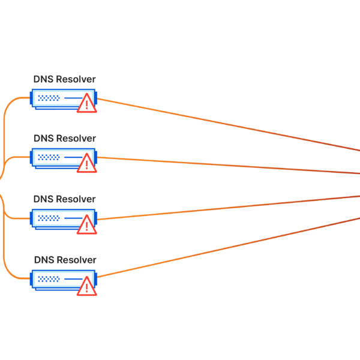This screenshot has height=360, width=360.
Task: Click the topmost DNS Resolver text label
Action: tap(64, 79)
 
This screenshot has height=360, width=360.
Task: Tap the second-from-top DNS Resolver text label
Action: tap(64, 139)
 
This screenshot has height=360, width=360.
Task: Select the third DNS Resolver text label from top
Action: tap(64, 199)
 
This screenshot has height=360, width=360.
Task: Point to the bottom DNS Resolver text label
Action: tap(64, 260)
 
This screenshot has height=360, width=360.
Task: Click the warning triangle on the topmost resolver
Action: tap(87, 104)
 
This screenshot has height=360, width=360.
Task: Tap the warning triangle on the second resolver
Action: tap(87, 164)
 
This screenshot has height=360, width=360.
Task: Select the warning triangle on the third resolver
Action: tap(87, 224)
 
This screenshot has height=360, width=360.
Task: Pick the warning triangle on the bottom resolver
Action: tap(87, 286)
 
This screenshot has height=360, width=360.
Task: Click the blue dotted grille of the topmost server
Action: tap(49, 97)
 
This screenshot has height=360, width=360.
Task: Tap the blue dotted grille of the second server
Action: tap(49, 157)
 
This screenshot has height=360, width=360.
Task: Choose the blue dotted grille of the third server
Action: tap(49, 218)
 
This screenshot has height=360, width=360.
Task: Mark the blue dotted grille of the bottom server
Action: tap(49, 278)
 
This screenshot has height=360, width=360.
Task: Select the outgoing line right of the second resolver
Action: tap(228, 165)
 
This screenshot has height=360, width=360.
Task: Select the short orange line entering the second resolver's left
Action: tap(18, 157)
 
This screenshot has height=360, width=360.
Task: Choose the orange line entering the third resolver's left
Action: tap(18, 218)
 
